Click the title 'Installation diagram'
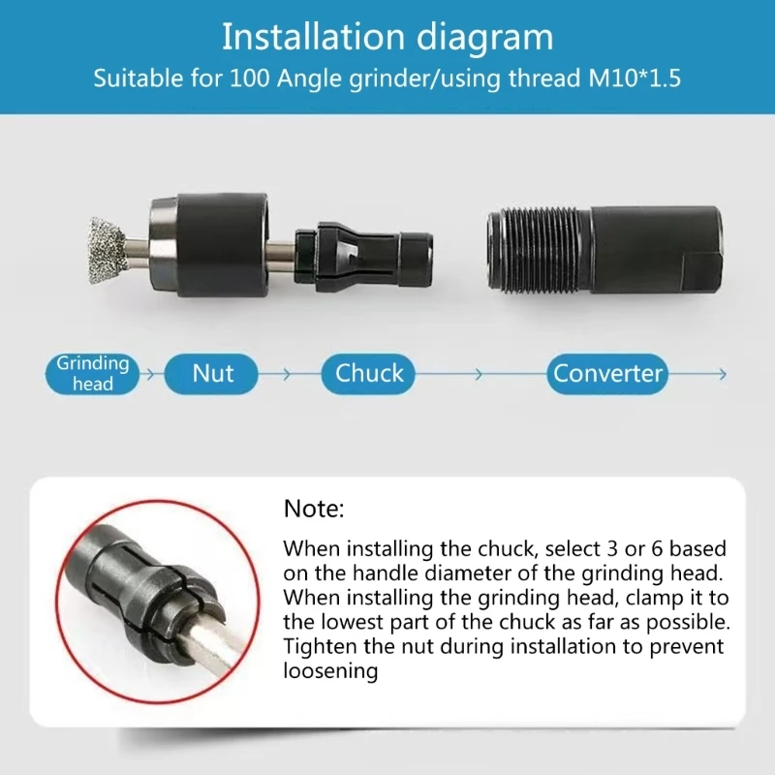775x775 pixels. coord(387,38)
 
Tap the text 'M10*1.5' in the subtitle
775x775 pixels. coord(629,78)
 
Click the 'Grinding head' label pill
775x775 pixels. coord(92,374)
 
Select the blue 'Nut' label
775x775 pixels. coord(213,374)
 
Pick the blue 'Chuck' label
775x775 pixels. coord(369,374)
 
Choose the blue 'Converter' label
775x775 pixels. coord(608,374)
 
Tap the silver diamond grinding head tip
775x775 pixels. coord(108,251)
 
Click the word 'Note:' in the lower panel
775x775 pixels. coord(314,509)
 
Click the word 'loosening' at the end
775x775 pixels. coord(330,670)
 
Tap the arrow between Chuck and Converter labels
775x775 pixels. coord(475,374)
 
